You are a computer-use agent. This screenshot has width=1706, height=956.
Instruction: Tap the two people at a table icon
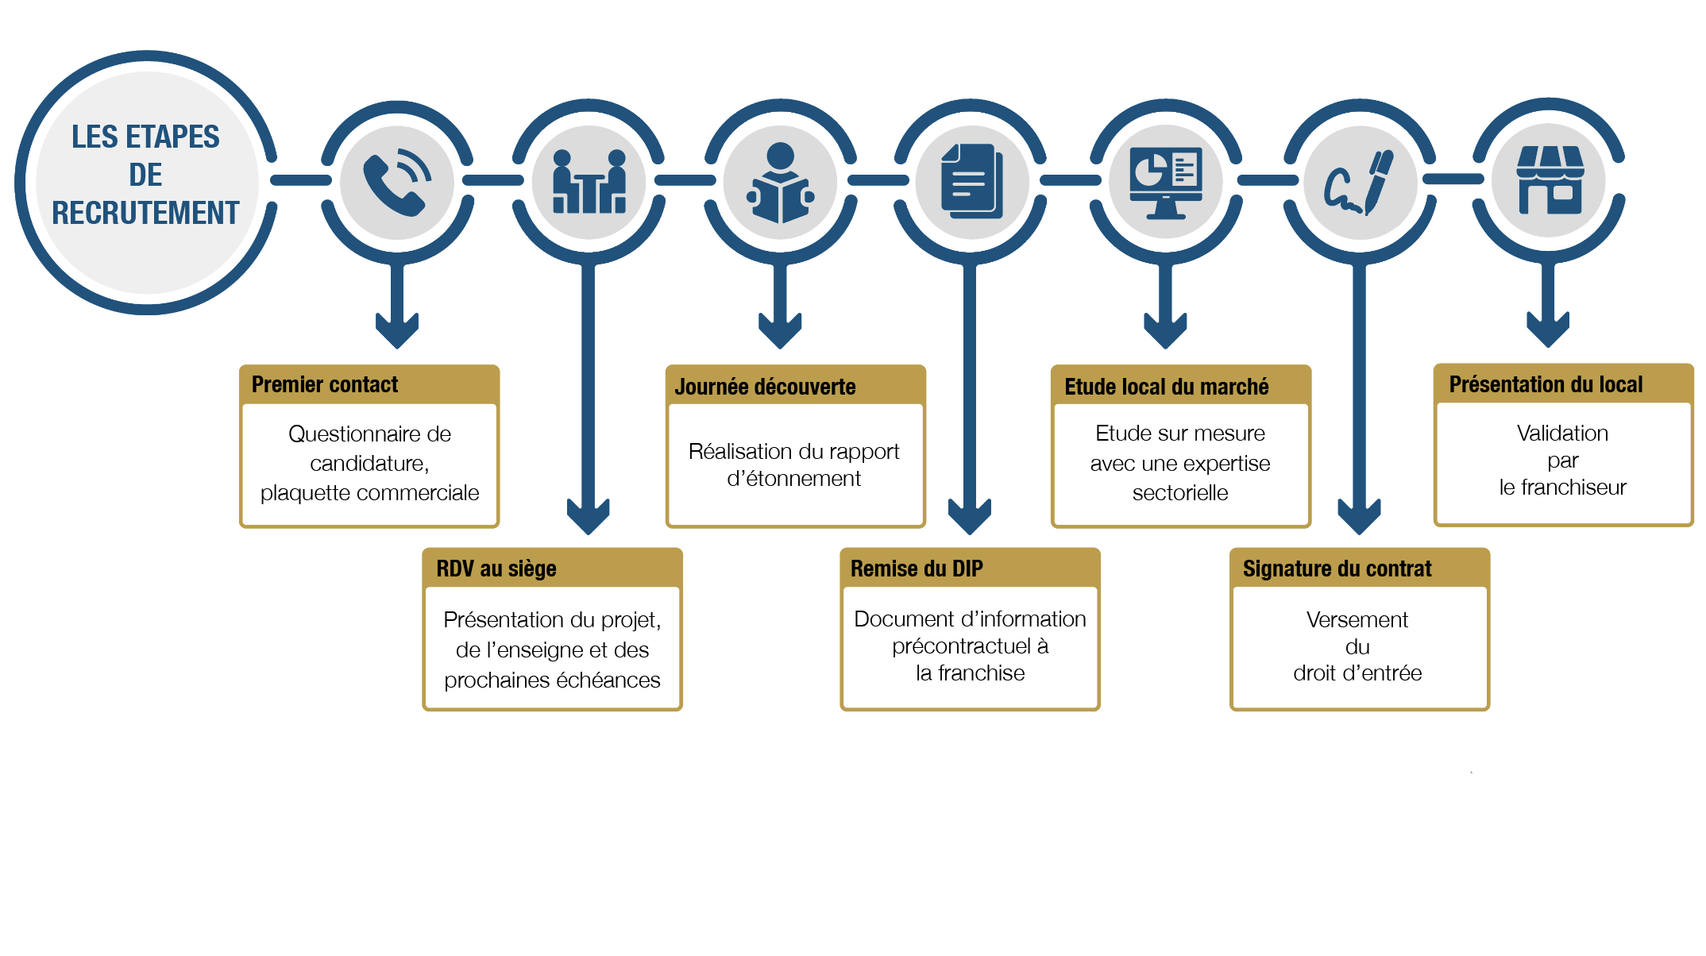coord(589,182)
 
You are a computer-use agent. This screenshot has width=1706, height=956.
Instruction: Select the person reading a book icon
coord(781,183)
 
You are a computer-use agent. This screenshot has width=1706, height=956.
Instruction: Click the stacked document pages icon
coord(971,181)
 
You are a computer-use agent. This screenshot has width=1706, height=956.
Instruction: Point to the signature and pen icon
coord(1358,183)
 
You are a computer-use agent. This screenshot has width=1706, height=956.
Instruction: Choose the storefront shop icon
coord(1550,180)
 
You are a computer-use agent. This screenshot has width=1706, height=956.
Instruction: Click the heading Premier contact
coord(325,384)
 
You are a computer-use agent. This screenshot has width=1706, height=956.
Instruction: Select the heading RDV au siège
coord(496,569)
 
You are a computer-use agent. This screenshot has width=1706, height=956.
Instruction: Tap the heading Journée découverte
coord(765,387)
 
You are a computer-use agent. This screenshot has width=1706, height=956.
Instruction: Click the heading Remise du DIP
coord(917,569)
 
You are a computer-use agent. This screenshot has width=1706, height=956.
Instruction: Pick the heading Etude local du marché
coord(1166,387)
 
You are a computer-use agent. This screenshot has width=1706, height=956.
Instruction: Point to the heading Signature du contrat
coord(1337,569)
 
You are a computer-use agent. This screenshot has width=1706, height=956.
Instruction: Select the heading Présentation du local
coord(1546,384)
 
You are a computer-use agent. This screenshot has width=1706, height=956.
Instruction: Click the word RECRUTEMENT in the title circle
coord(145,213)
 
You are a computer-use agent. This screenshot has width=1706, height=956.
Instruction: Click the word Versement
coord(1357,619)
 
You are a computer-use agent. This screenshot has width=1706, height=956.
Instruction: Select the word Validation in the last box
coord(1562,433)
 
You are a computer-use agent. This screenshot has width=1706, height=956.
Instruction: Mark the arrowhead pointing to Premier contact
coord(397,330)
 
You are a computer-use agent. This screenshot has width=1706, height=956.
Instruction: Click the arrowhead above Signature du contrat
coord(1359,516)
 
